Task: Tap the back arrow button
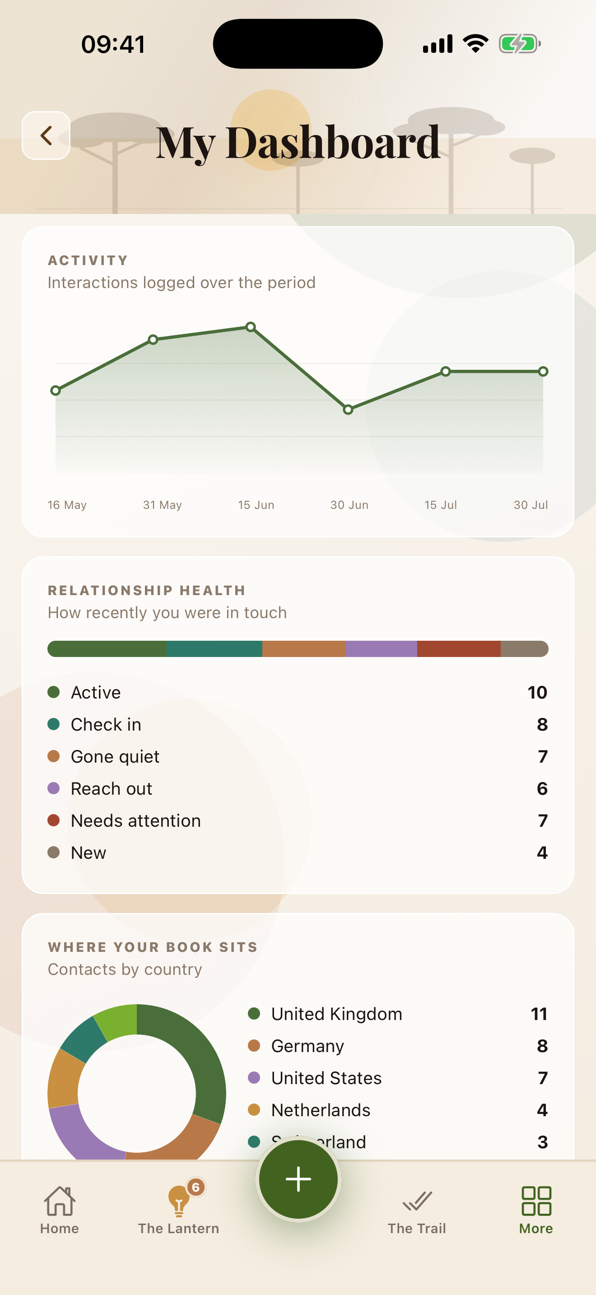(46, 135)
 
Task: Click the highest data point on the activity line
(251, 327)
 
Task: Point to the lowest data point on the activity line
(348, 410)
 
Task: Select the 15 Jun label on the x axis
(256, 505)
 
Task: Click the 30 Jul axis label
(531, 505)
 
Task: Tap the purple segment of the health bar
(382, 648)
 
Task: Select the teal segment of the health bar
(214, 648)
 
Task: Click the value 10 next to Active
(537, 692)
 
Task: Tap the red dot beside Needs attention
(54, 820)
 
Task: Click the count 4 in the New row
(542, 852)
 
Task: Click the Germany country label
(307, 1046)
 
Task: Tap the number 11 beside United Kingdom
(539, 1014)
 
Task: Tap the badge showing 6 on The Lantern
(196, 1187)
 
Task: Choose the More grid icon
(536, 1201)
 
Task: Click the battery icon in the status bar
(520, 44)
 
